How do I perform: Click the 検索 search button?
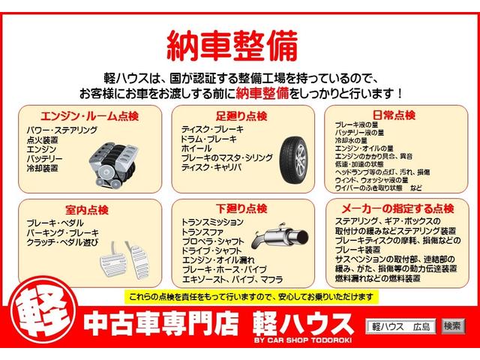pos(451,325)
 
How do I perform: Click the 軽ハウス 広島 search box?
pos(400,325)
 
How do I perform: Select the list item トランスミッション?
pos(212,223)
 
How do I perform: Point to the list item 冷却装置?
pos(42,169)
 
